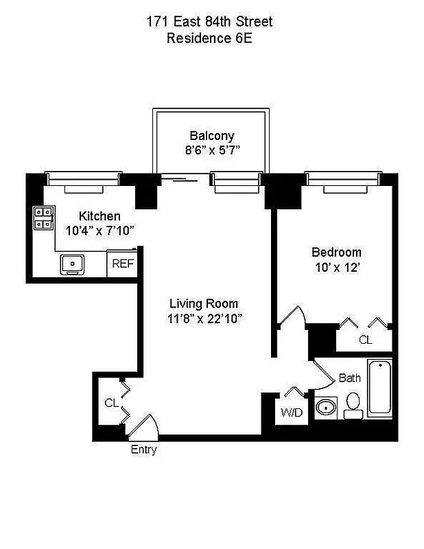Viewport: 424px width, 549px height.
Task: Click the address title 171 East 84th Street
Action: tap(209, 22)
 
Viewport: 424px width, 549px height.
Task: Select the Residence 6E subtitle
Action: tap(209, 38)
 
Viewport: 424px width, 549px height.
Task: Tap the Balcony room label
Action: tap(212, 136)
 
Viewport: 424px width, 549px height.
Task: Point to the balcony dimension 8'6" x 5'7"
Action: tap(212, 150)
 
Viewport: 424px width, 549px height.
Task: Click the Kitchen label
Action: tap(99, 215)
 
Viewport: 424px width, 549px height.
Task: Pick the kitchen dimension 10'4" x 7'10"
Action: tap(99, 231)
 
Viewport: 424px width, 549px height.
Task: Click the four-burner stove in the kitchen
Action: tap(43, 218)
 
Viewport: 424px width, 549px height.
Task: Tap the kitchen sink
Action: tap(71, 263)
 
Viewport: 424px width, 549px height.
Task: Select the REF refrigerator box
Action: tap(123, 264)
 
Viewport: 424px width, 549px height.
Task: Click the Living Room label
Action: tap(204, 303)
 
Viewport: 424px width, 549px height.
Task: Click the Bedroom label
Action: tap(335, 253)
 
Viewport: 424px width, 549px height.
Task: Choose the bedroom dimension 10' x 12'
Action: tap(335, 268)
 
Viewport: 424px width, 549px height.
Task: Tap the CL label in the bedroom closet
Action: tap(366, 340)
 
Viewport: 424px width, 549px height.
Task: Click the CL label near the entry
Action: tap(110, 403)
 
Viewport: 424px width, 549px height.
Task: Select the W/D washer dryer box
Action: tap(290, 412)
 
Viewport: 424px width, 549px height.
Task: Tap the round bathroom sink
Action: tap(325, 408)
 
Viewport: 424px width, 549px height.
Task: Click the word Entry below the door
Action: tap(143, 449)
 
